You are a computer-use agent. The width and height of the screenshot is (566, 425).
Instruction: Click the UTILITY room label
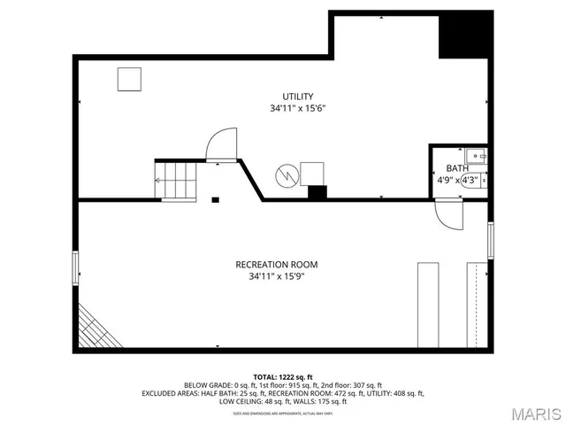(x=298, y=97)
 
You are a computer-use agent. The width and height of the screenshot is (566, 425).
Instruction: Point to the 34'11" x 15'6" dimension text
(x=298, y=110)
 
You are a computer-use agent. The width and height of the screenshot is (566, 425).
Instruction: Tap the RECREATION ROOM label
(x=276, y=264)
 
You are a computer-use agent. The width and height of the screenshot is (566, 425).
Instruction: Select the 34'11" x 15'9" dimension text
(x=276, y=276)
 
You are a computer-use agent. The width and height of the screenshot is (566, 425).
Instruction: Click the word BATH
(x=457, y=168)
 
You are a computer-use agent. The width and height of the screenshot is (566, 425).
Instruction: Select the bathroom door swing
(x=448, y=214)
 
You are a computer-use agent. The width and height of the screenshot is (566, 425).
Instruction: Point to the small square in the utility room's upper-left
(x=129, y=79)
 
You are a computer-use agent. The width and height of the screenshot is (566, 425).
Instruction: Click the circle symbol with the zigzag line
(x=285, y=174)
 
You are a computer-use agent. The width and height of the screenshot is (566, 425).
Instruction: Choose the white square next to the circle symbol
(x=311, y=173)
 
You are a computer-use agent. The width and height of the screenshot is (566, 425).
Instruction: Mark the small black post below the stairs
(x=215, y=199)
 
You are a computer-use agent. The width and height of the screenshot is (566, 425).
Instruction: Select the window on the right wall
(x=491, y=241)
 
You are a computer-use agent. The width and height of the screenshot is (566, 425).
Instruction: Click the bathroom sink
(x=478, y=157)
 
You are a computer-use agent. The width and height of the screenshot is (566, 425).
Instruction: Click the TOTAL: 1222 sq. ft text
(x=283, y=376)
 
